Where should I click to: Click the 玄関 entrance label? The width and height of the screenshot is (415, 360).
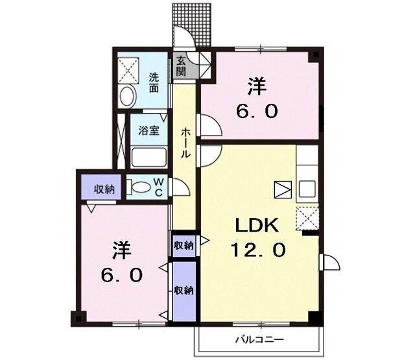point(181,67)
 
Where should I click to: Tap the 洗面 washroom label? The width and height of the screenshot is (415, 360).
point(154,82)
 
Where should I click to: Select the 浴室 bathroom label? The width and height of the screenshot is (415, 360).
point(149,130)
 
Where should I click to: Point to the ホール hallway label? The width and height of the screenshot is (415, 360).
point(185,143)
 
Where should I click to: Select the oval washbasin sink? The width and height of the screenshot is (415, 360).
point(128,97)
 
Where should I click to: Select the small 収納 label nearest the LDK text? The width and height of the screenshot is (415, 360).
point(184,245)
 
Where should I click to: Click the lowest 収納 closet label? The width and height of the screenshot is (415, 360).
point(184,290)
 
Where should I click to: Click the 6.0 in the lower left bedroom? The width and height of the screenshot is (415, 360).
point(121,275)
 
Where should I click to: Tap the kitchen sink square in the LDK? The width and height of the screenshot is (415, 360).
point(306,188)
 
